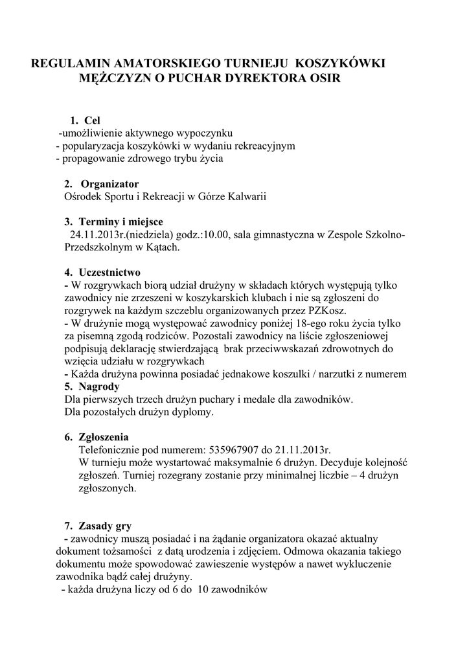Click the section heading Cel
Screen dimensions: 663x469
[93, 120]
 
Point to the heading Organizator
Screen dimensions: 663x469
[109, 184]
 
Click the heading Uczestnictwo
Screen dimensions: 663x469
[109, 273]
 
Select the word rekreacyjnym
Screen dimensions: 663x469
[258, 146]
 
